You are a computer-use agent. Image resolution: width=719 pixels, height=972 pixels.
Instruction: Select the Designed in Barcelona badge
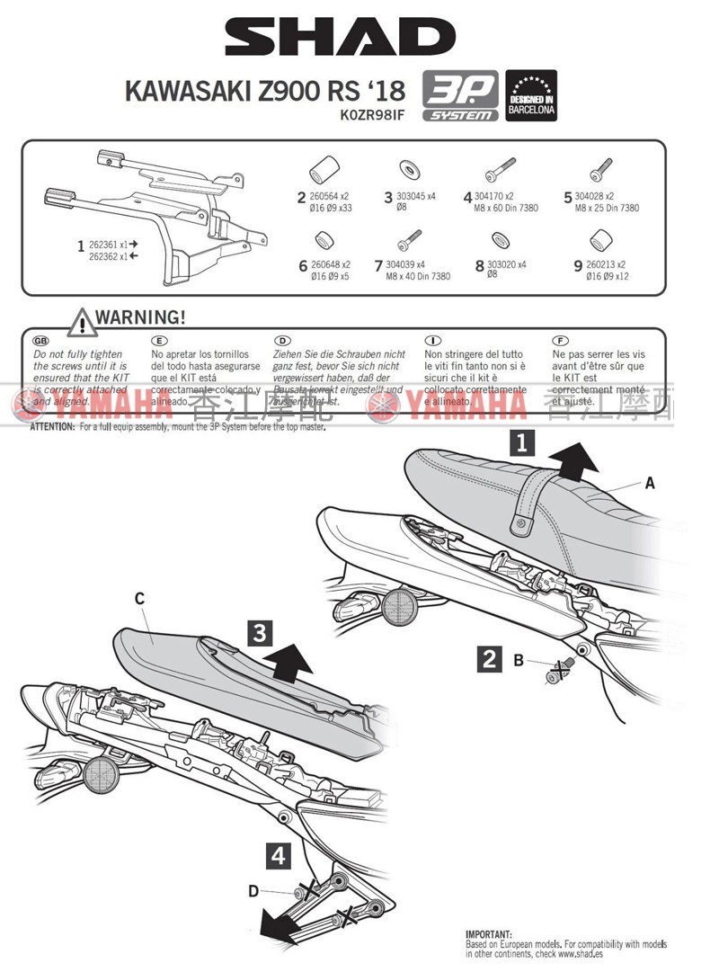(531, 96)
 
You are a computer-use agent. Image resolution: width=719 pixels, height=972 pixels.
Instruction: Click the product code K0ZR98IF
(373, 115)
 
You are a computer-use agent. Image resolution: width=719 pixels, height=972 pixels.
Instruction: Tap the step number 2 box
(489, 658)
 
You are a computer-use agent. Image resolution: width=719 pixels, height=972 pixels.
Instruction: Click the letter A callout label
(650, 483)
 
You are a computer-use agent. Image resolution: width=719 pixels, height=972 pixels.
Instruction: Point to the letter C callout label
(139, 598)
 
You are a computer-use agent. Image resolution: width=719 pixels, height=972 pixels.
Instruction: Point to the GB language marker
(41, 343)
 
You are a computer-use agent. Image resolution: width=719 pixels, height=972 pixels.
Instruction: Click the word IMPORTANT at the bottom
(488, 935)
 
